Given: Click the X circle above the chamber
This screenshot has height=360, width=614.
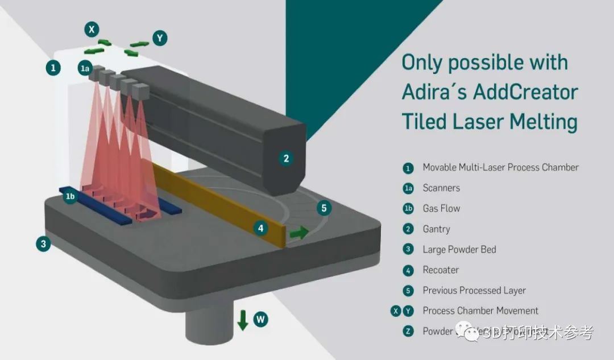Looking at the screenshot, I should point(92,29).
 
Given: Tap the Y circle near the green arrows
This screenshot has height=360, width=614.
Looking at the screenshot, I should point(160,38).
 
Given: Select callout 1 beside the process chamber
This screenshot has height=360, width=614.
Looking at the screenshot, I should point(53,68).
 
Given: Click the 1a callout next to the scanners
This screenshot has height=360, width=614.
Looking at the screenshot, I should point(85,69).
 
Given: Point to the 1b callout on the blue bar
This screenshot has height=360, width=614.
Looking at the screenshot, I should point(70,197).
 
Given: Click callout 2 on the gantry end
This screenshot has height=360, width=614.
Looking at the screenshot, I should point(287,159).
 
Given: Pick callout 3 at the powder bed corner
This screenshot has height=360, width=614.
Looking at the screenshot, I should point(42,245).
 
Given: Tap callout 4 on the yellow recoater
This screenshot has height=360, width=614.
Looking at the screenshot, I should point(260,229).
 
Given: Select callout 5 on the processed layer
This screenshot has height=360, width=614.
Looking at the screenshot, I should point(324,208).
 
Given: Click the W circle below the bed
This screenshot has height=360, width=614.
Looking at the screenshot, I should point(260,319).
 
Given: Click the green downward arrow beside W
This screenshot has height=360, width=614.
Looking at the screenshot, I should point(243,320).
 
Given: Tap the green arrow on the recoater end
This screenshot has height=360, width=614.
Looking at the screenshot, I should point(299,232).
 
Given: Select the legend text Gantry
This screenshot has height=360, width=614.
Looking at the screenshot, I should point(436,229).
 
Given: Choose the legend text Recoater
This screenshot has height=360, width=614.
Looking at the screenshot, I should point(441,270).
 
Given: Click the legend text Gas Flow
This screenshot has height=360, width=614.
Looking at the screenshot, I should point(441,209).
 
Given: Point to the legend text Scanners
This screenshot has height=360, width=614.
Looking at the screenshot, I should point(441,188).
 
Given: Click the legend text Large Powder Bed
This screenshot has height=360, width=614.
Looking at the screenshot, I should point(459,250).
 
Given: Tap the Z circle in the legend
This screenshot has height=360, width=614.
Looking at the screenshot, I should point(408,332).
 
